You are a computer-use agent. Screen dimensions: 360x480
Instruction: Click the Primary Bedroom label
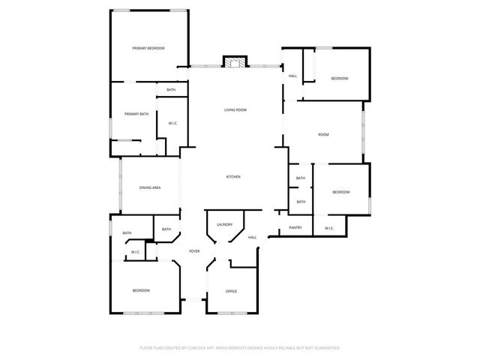(148, 48)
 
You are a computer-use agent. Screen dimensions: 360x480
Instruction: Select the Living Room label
(235, 110)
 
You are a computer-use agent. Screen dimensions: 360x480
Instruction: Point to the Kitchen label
(233, 177)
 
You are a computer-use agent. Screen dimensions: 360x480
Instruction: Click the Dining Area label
(150, 187)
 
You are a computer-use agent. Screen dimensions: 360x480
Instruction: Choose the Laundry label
(224, 224)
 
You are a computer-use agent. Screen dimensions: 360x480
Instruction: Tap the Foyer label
(194, 251)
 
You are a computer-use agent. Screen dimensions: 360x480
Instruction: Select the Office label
(232, 291)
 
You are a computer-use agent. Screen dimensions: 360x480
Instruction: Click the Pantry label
(295, 228)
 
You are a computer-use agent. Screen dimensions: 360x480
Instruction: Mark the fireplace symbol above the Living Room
(236, 62)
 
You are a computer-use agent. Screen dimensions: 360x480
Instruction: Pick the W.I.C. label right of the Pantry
(329, 228)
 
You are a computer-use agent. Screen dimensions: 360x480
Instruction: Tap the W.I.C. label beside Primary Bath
(172, 123)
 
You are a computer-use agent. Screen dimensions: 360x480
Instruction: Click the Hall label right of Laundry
(253, 238)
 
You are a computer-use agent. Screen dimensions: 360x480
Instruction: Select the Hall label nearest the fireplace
(292, 76)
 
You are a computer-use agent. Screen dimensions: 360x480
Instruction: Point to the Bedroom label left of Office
(141, 290)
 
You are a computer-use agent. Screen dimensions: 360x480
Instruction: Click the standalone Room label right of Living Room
(323, 135)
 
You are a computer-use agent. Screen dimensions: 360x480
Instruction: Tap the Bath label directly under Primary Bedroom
(171, 90)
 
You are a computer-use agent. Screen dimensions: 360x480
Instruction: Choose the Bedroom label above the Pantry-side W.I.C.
(340, 192)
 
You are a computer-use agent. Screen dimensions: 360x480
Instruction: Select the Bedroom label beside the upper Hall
(340, 78)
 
